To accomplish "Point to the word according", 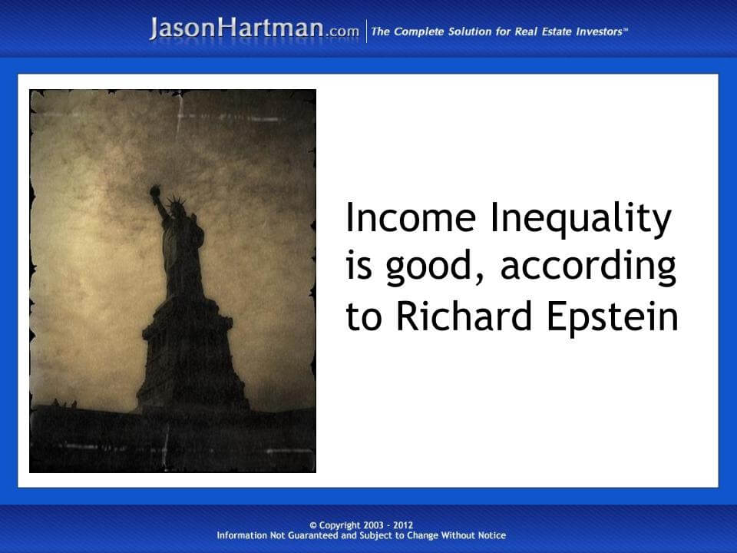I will coord(589,268).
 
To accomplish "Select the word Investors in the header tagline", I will coord(597,31).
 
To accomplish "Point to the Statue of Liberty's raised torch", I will coord(156,191).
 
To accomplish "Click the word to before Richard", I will coord(363,317).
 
